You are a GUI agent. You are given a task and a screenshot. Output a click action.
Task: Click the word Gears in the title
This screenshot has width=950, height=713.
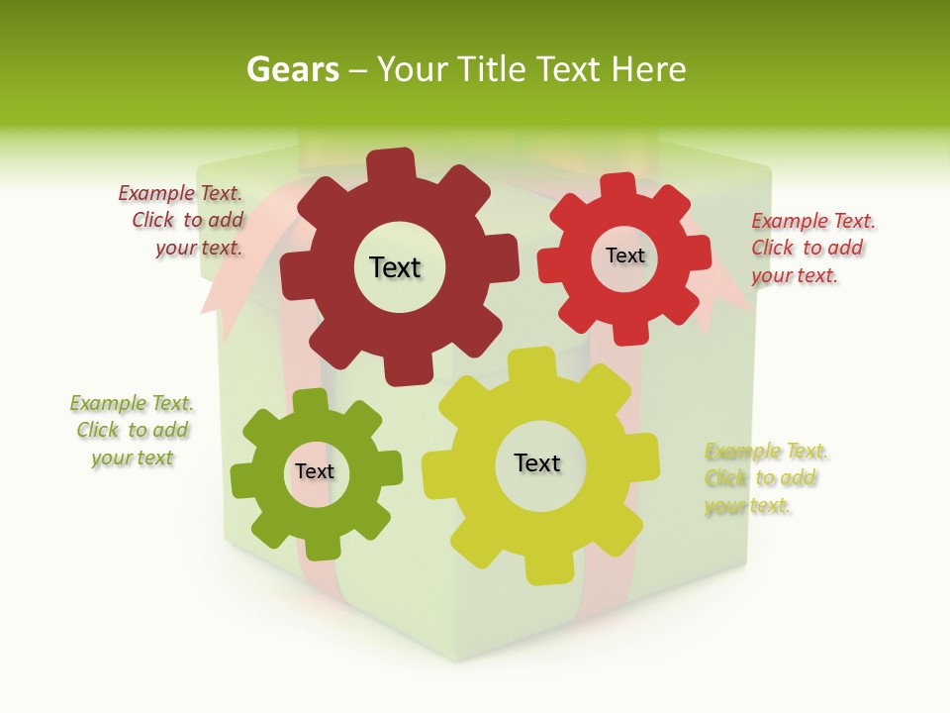292,69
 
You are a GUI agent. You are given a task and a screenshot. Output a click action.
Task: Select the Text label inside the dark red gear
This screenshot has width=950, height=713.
395,267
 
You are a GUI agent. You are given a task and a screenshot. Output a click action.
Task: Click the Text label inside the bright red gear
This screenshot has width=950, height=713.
624,255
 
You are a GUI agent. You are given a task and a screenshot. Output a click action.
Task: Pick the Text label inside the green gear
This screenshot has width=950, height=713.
315,471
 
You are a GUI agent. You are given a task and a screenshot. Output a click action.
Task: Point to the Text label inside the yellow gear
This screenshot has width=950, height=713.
537,462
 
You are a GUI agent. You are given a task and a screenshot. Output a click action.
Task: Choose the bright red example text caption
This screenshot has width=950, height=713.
812,248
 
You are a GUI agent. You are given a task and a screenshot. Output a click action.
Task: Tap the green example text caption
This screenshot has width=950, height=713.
132,430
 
